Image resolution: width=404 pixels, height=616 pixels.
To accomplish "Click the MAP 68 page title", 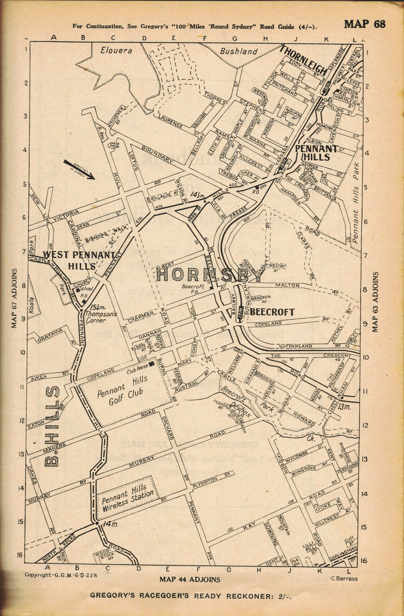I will tap(364, 24).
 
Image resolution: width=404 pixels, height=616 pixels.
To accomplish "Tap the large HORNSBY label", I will tap(209, 275).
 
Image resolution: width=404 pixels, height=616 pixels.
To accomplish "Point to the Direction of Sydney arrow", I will tap(79, 169).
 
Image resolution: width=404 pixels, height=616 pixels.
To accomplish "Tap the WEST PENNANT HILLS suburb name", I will tap(73, 260).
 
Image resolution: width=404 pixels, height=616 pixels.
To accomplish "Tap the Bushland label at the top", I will tap(239, 51).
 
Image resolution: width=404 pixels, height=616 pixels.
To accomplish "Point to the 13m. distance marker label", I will tap(346, 406).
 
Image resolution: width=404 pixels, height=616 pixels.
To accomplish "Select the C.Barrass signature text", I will tap(344, 578).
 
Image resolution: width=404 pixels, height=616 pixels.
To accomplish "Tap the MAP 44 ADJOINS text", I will tap(190, 579).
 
